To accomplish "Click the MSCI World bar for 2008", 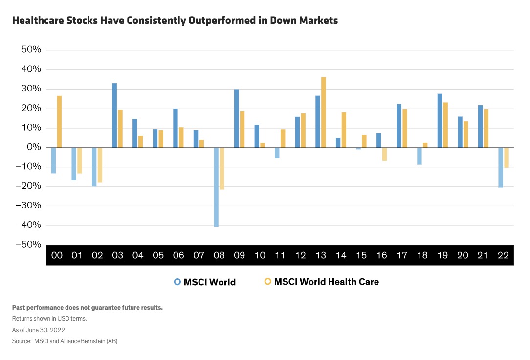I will [216, 187].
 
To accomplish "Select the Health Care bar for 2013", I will [324, 112].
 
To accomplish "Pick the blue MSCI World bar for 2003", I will [114, 115].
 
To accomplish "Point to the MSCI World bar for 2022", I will [501, 167].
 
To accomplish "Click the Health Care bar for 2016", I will [384, 154].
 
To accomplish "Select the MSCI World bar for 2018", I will [419, 156].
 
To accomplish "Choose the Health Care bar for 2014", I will [344, 130].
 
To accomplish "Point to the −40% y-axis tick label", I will [29, 225].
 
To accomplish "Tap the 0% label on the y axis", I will [34, 147].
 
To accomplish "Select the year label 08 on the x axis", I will [219, 255].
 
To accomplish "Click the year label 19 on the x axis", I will [442, 255].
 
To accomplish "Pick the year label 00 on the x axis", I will [56, 255].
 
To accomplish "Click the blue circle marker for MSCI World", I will [177, 282].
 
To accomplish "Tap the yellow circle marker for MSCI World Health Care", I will [267, 282].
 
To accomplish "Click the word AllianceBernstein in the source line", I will [79, 341].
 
